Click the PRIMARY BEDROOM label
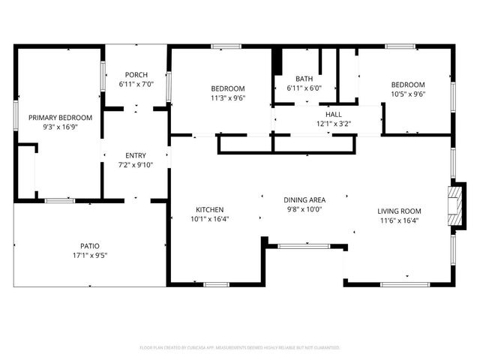pyautogui.click(x=60, y=118)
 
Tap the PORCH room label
pyautogui.click(x=136, y=74)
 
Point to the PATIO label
pyautogui.click(x=90, y=246)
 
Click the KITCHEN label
pyautogui.click(x=210, y=209)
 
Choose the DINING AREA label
pyautogui.click(x=304, y=199)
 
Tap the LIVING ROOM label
pyautogui.click(x=398, y=211)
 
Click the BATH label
pyautogui.click(x=304, y=79)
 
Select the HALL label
pyautogui.click(x=333, y=114)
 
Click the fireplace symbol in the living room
pyautogui.click(x=454, y=201)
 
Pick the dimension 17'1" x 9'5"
pyautogui.click(x=90, y=256)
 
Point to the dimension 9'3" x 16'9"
pyautogui.click(x=60, y=127)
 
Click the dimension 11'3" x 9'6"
pyautogui.click(x=228, y=97)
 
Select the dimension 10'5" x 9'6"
pyautogui.click(x=408, y=94)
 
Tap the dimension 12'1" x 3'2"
pyautogui.click(x=333, y=124)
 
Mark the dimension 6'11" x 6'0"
pyautogui.click(x=304, y=88)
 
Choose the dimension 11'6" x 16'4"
pyautogui.click(x=398, y=220)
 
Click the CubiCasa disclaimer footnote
pyautogui.click(x=240, y=347)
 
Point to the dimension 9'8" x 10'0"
pyautogui.click(x=304, y=209)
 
